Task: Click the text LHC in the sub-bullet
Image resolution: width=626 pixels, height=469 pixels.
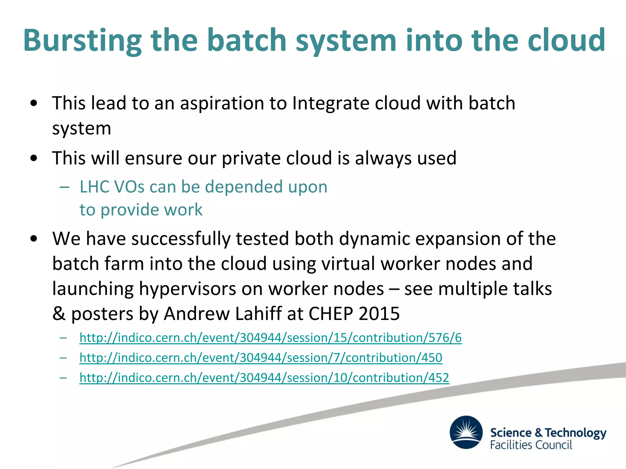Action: [94, 187]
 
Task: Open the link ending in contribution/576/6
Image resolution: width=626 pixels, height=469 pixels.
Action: [271, 338]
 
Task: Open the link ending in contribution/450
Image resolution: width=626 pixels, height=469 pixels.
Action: [261, 358]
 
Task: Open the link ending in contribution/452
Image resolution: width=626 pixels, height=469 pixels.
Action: [264, 378]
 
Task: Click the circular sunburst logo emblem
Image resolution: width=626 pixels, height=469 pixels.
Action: [466, 432]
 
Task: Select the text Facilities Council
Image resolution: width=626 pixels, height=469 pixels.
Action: [531, 445]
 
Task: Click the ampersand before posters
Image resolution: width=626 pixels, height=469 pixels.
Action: [59, 314]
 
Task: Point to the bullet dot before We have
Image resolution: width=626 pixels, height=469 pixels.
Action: [34, 239]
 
